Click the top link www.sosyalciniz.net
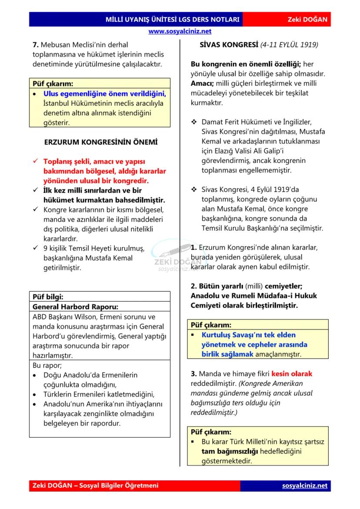pyautogui.click(x=180, y=31)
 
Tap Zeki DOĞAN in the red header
pyautogui.click(x=307, y=20)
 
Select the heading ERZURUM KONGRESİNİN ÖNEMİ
pyautogui.click(x=101, y=143)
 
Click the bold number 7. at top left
pyautogui.click(x=36, y=44)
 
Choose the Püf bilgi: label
pyautogui.click(x=48, y=297)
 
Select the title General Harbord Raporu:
pyautogui.click(x=75, y=307)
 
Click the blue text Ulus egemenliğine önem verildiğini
pyautogui.click(x=105, y=93)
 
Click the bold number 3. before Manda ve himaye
pyautogui.click(x=194, y=374)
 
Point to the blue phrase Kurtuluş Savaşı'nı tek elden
pyautogui.click(x=248, y=335)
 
